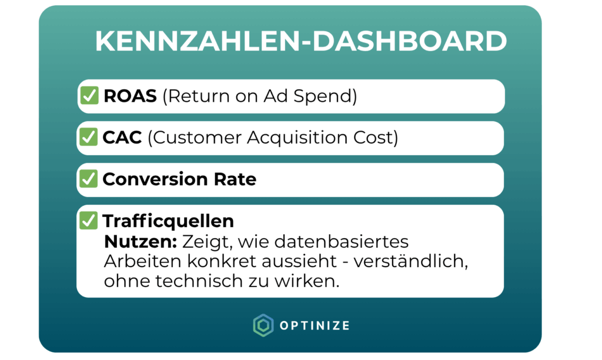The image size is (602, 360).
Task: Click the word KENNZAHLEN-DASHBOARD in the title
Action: (x=301, y=41)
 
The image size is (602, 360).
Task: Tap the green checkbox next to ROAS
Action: (x=89, y=95)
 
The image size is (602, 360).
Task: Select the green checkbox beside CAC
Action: (x=88, y=137)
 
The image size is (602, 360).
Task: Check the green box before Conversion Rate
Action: (x=88, y=179)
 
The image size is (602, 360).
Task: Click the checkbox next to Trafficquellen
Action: (x=88, y=221)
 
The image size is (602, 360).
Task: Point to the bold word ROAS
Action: (x=130, y=96)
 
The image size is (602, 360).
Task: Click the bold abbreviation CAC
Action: (x=122, y=138)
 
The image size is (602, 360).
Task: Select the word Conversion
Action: (x=155, y=179)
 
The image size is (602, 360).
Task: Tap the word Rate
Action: (x=235, y=179)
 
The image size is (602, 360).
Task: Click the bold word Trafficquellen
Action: (x=168, y=221)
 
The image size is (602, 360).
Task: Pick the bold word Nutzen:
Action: (x=141, y=242)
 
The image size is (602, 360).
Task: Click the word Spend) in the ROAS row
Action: (x=325, y=96)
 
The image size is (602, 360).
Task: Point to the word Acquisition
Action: (x=297, y=138)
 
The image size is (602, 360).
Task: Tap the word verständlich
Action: (x=411, y=262)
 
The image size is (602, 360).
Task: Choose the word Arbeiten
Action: (x=143, y=262)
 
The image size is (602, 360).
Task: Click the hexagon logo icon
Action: (x=263, y=325)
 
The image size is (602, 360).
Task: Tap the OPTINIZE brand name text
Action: (x=315, y=326)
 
